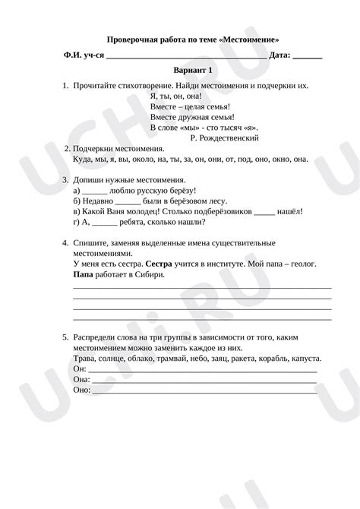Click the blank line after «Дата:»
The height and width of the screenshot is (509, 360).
coord(307,55)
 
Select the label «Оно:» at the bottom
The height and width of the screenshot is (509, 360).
coord(81,390)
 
